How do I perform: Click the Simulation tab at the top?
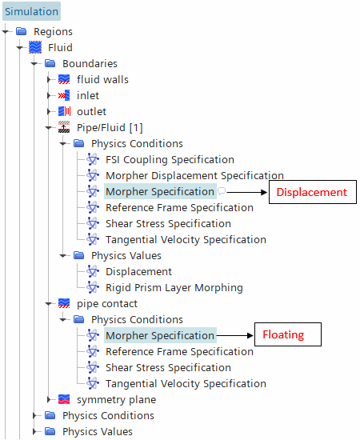pyautogui.click(x=31, y=11)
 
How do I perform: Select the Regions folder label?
pyautogui.click(x=53, y=32)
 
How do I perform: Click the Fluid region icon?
pyautogui.click(x=35, y=47)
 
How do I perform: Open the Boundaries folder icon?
pyautogui.click(x=50, y=63)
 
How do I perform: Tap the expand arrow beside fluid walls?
pyautogui.click(x=50, y=80)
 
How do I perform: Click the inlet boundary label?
pyautogui.click(x=88, y=96)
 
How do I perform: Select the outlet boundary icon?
pyautogui.click(x=64, y=111)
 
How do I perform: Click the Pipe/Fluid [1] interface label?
pyautogui.click(x=110, y=128)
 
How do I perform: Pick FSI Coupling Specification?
pyautogui.click(x=170, y=160)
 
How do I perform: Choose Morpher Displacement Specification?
pyautogui.click(x=194, y=176)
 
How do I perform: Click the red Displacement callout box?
pyautogui.click(x=313, y=192)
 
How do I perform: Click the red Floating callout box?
pyautogui.click(x=288, y=334)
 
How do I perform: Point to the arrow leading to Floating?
pyautogui.click(x=235, y=335)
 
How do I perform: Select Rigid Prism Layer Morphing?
pyautogui.click(x=174, y=288)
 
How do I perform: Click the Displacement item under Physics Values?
pyautogui.click(x=138, y=272)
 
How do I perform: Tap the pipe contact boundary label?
pyautogui.click(x=107, y=304)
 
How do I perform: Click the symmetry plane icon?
pyautogui.click(x=64, y=399)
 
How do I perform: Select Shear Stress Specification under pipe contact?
pyautogui.click(x=168, y=368)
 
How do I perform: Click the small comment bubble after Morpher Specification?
pyautogui.click(x=222, y=191)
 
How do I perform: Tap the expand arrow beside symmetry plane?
pyautogui.click(x=50, y=399)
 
